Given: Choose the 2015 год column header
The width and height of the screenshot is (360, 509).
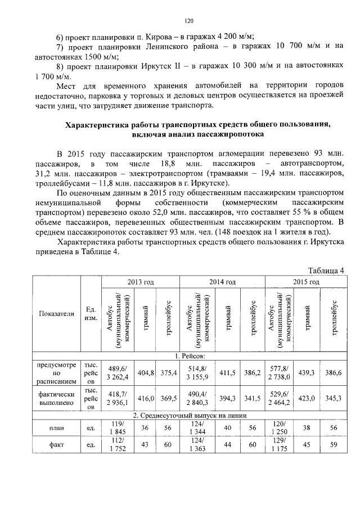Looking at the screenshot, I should coord(306,281).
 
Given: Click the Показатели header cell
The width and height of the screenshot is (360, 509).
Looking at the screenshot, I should coord(57,314).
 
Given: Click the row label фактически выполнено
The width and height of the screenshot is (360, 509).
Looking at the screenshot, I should coord(57,398).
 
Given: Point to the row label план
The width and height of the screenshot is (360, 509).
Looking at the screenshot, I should coord(57,427).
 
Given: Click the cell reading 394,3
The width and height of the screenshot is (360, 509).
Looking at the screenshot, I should coord(228,398).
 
